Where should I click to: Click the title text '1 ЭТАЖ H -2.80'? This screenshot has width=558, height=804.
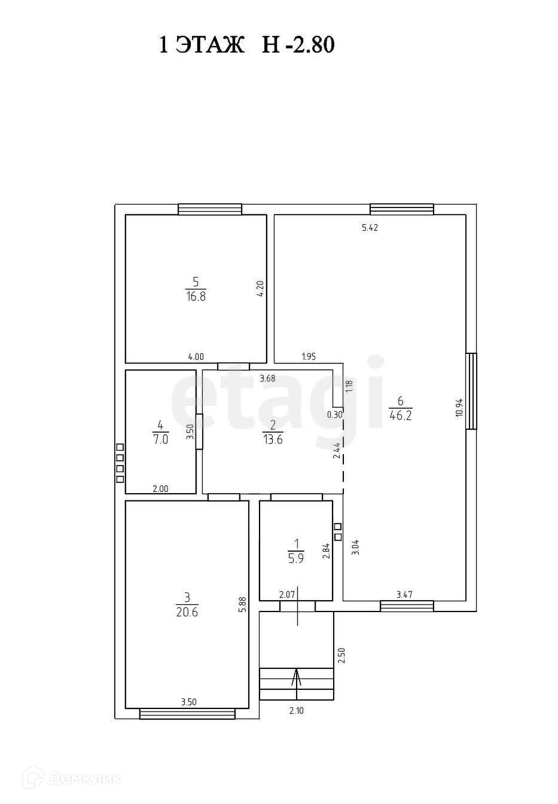tap(246, 45)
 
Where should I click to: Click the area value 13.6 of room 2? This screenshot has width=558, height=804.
tap(272, 439)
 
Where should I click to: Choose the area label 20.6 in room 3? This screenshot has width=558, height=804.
tap(187, 612)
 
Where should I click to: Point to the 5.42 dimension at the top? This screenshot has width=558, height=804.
tap(370, 228)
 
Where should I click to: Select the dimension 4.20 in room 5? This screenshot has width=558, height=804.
tap(260, 289)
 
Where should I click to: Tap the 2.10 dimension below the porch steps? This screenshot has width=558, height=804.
tap(297, 711)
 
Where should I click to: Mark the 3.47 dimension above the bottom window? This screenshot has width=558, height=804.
tap(405, 595)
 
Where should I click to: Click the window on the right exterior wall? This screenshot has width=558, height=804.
tap(472, 391)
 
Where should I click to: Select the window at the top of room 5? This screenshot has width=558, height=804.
tap(210, 209)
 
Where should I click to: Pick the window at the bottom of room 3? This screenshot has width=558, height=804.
tap(187, 714)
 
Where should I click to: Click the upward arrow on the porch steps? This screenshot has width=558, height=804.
tap(297, 677)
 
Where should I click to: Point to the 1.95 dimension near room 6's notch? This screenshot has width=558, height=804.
tap(309, 357)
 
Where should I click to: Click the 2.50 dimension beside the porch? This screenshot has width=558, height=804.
tap(341, 656)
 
